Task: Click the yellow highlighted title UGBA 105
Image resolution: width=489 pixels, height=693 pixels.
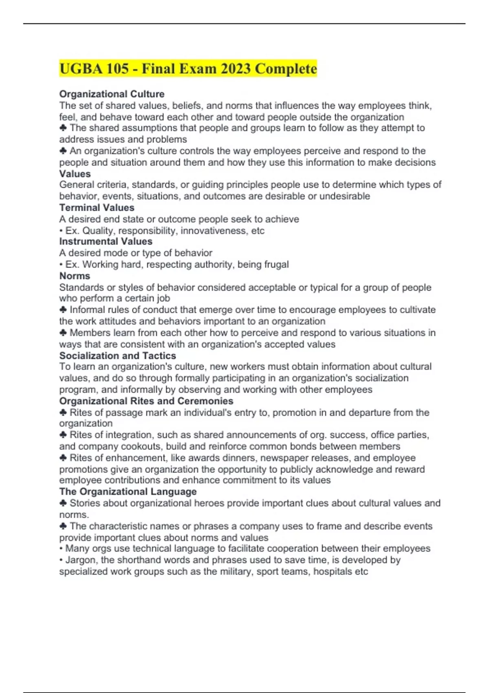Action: coord(187,69)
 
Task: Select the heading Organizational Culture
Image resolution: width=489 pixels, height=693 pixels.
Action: coord(112,94)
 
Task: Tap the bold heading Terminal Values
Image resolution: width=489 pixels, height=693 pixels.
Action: coord(97,207)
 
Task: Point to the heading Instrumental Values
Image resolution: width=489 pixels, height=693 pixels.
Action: coord(106,241)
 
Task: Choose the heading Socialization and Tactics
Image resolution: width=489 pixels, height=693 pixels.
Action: coord(117,355)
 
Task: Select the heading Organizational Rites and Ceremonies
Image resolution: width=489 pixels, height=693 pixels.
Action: coord(146,401)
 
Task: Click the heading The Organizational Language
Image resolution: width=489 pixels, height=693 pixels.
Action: coord(128,492)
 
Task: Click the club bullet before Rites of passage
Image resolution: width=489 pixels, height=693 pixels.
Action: coord(63,413)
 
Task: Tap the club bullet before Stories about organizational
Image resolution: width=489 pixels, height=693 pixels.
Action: coord(63,503)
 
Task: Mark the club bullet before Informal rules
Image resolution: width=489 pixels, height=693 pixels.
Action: coord(63,310)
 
